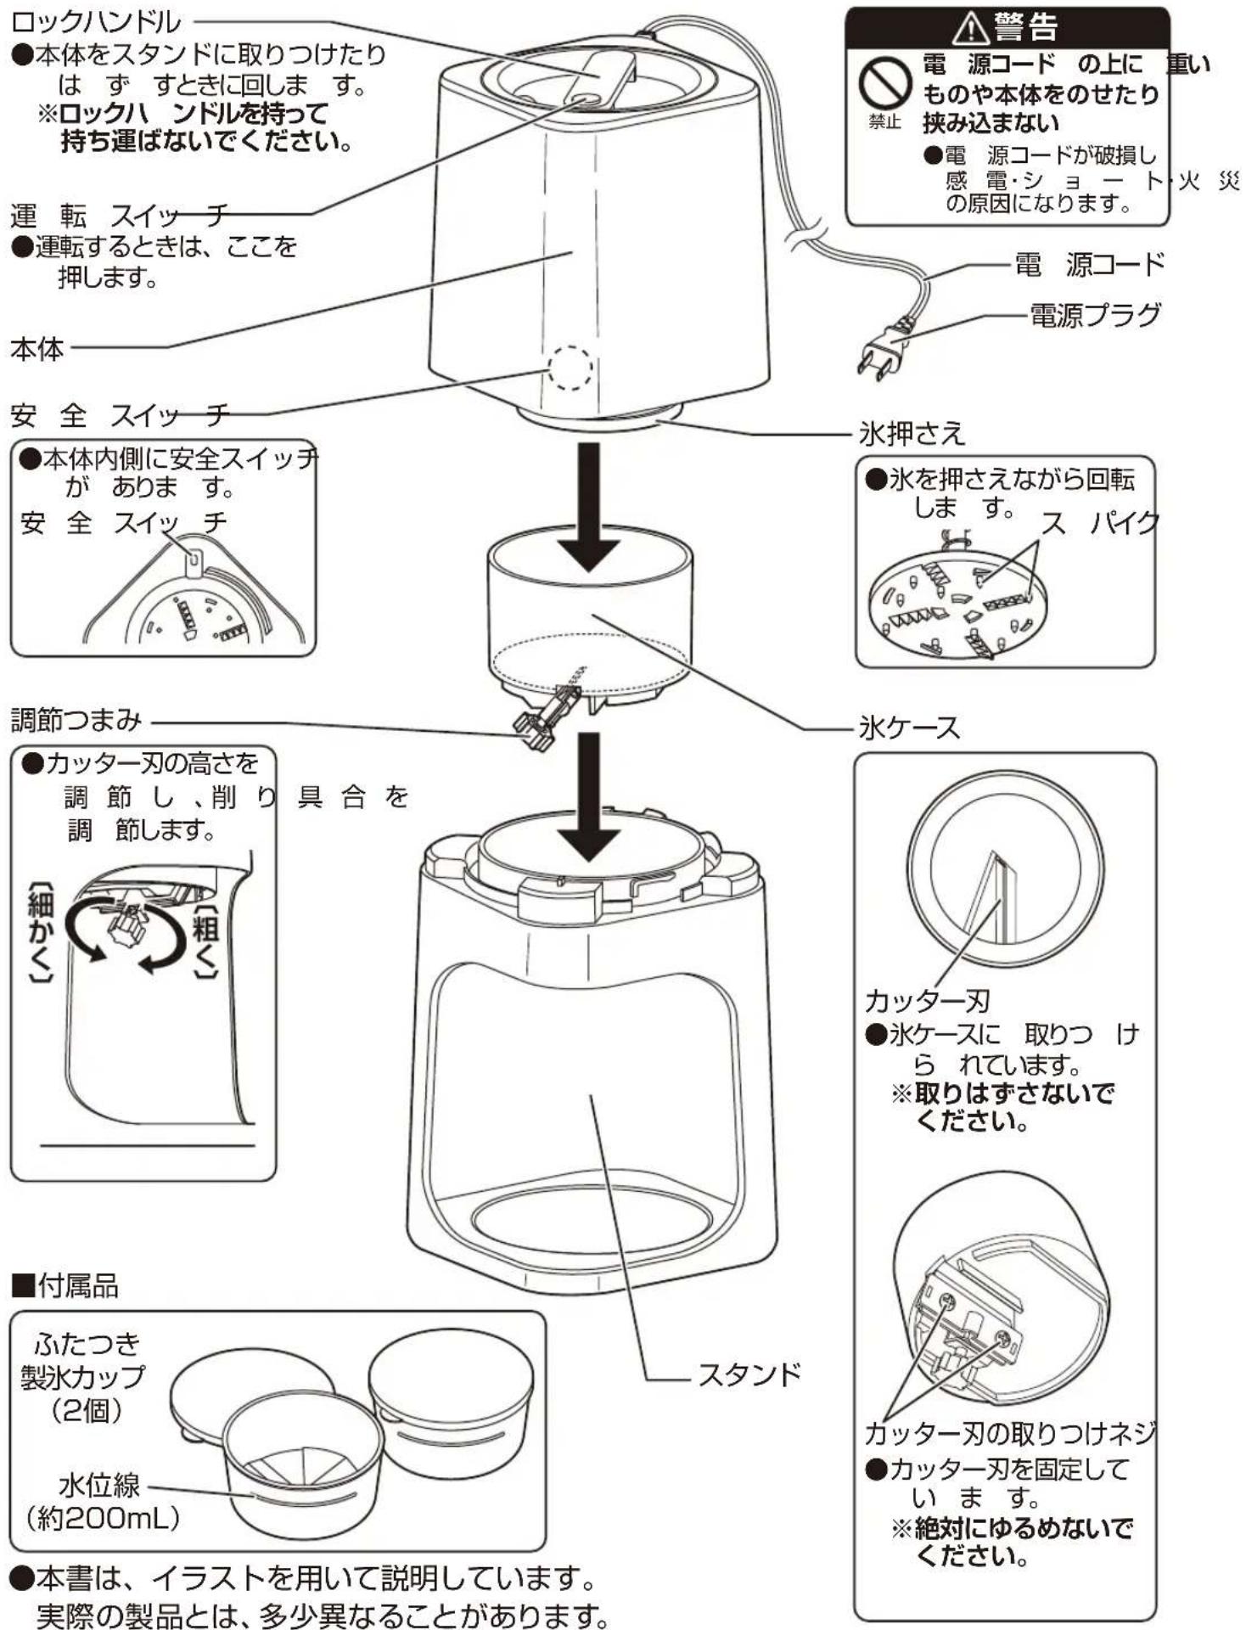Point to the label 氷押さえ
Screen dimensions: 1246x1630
pos(912,434)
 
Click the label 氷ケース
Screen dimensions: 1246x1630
pos(909,728)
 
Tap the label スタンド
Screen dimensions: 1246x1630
pos(749,1374)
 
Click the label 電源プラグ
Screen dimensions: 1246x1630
pos(1095,315)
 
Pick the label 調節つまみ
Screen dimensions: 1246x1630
pos(76,720)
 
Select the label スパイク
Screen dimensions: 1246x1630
pos(1100,523)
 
